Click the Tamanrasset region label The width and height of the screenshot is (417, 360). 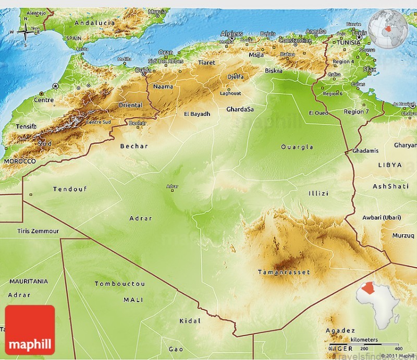(284, 272)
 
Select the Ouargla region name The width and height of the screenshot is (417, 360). (297, 147)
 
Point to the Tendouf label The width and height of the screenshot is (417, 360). (70, 189)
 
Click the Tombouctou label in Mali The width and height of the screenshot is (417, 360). (119, 284)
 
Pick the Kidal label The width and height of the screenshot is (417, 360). (189, 321)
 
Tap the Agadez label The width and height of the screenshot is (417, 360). (340, 330)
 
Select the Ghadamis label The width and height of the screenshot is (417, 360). (365, 151)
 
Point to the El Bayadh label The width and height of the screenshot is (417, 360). (197, 114)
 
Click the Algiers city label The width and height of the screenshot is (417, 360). (231, 34)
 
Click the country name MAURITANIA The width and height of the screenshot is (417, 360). (29, 281)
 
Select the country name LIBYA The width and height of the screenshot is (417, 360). (390, 165)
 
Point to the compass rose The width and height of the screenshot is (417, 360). (25, 31)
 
